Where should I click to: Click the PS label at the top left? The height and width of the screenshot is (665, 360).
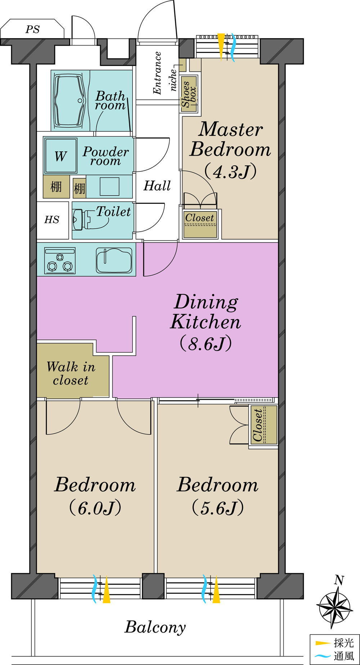point(32,30)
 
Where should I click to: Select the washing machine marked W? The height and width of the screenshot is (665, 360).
point(61,156)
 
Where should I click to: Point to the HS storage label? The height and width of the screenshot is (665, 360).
point(52,220)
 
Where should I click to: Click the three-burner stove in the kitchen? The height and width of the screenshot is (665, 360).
point(60,260)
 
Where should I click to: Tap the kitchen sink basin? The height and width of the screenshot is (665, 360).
point(114,260)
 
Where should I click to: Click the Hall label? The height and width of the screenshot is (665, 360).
point(157,186)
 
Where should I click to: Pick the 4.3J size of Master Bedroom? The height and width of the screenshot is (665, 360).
point(230,171)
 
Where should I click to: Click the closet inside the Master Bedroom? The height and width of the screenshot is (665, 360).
point(200,225)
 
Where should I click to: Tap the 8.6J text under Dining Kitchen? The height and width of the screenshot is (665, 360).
point(206,344)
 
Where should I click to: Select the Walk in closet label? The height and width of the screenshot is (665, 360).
point(71,374)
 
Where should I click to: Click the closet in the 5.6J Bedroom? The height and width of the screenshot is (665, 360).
point(264,425)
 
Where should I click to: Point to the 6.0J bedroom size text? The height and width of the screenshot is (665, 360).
point(95,508)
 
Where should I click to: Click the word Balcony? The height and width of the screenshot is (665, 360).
point(155,627)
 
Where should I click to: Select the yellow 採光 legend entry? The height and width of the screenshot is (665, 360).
point(335,643)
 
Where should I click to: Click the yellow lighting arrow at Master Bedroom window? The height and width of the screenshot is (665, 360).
point(221,45)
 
